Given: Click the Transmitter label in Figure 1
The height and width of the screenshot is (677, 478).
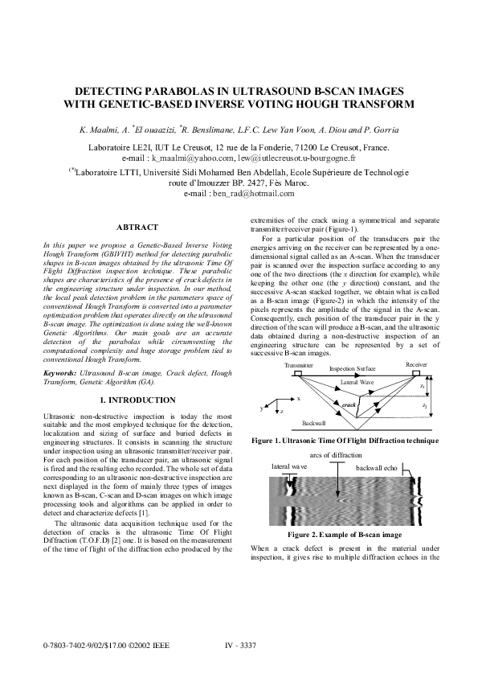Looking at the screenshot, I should coord(299,365).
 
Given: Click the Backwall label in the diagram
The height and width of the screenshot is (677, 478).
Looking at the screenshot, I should coord(314,422).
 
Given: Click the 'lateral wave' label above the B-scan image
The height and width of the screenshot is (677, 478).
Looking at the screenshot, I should coord(288,466).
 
